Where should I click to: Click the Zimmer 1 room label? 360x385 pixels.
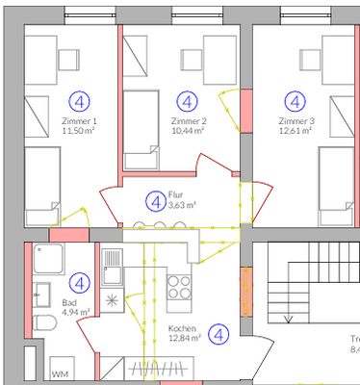point(78,122)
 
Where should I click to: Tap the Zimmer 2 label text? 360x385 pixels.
point(189,122)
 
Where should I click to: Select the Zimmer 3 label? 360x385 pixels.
point(296,122)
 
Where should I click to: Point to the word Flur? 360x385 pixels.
point(175,194)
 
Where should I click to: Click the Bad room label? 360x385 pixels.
point(69,302)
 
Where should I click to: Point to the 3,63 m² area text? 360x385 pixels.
point(182,205)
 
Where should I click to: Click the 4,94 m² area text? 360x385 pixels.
point(76,312)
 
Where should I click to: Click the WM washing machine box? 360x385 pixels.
point(60,372)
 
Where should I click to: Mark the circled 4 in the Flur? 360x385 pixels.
point(153,201)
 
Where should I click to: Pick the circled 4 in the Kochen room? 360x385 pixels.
point(220,335)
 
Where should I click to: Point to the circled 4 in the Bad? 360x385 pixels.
point(80,282)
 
